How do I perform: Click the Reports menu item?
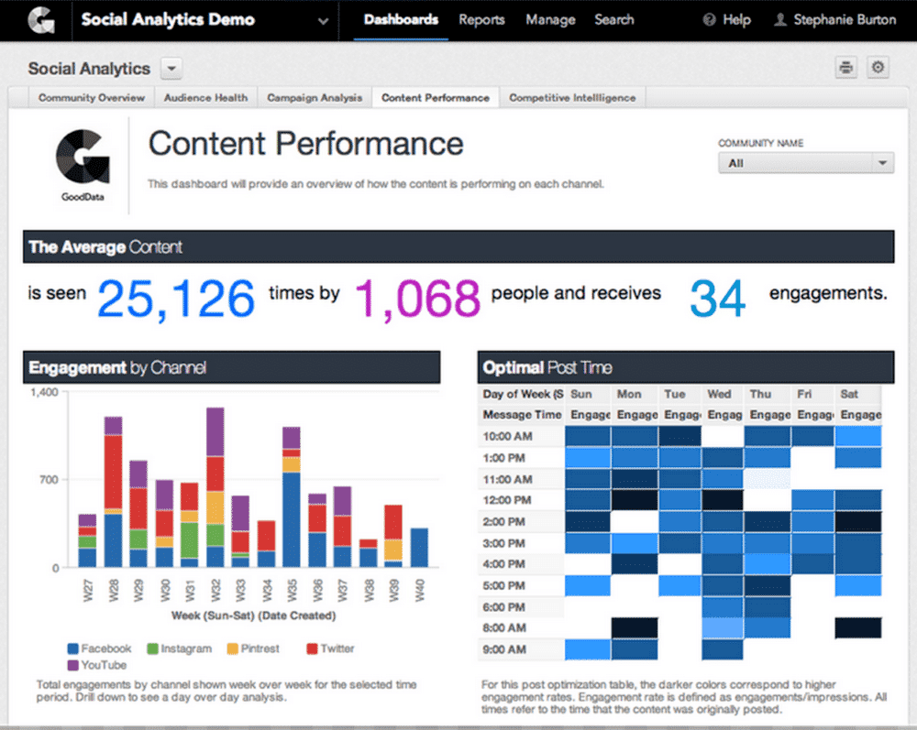point(481,19)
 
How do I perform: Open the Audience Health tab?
point(205,97)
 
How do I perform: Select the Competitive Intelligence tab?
point(572,97)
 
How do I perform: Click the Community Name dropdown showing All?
point(805,163)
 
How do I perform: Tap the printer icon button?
point(845,67)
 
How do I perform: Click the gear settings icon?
point(878,67)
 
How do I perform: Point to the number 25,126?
point(176,298)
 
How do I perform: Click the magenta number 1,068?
point(417,298)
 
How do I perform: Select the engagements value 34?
point(717,298)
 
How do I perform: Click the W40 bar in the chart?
point(419,548)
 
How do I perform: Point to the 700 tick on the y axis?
point(45,479)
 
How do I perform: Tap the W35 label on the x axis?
point(292,587)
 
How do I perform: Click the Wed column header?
point(720,394)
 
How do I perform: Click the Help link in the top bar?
point(727,19)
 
